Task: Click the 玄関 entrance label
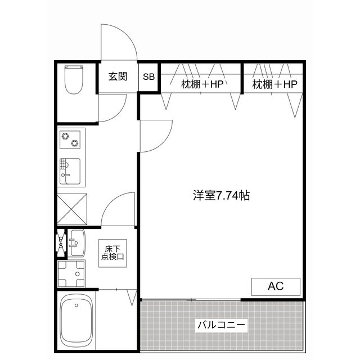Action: click(118, 76)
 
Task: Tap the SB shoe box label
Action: click(148, 76)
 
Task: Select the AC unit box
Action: click(276, 287)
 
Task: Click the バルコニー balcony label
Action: click(221, 325)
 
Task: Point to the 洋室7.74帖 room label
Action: click(221, 196)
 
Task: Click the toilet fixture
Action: click(74, 79)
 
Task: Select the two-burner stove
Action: click(70, 139)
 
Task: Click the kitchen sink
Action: click(70, 171)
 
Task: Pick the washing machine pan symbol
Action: click(71, 274)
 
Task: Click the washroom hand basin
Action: click(77, 243)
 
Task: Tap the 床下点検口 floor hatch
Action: click(112, 253)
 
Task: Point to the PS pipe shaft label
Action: click(61, 242)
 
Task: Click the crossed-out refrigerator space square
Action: click(72, 209)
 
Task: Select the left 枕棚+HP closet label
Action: click(202, 84)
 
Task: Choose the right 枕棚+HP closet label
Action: click(274, 84)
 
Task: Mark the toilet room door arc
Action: click(118, 113)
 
